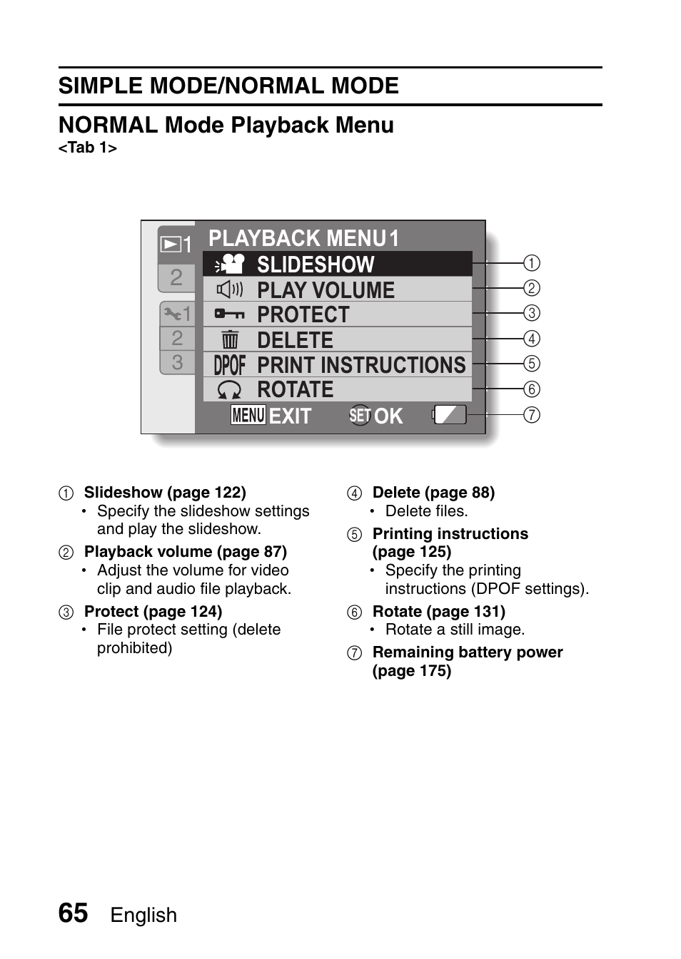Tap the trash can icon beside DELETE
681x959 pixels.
(230, 340)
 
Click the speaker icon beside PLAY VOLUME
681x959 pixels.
(230, 289)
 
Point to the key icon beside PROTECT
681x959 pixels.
(230, 314)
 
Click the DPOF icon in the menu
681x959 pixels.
(230, 365)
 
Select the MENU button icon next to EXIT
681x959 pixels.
(248, 415)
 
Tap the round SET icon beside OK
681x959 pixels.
(360, 415)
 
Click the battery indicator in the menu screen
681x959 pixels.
(450, 414)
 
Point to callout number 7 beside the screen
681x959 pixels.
(532, 414)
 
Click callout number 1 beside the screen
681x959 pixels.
(532, 263)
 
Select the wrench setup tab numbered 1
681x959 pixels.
(176, 313)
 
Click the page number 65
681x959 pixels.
(73, 913)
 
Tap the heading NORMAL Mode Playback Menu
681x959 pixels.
(226, 125)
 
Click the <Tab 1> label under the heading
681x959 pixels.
(87, 148)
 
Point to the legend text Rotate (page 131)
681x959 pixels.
(438, 612)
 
